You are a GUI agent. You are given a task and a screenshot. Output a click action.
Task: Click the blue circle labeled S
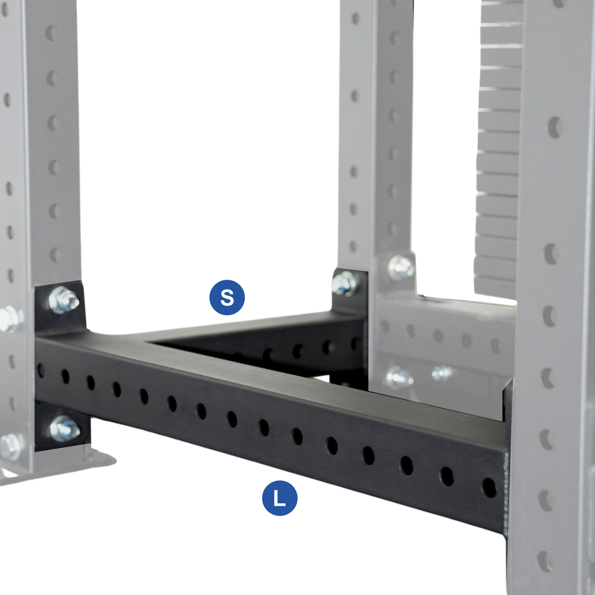click(227, 297)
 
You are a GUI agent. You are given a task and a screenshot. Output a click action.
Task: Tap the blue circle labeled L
click(280, 498)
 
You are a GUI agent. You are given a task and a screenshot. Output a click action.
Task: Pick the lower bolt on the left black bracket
click(64, 429)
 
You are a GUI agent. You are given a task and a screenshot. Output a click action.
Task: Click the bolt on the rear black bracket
click(344, 284)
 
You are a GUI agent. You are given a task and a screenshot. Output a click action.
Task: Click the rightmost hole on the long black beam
click(488, 487)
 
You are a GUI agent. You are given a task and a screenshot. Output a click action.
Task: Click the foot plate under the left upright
click(74, 464)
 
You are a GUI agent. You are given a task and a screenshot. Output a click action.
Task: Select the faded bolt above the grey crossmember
click(402, 267)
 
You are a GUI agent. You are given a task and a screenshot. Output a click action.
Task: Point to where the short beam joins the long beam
click(149, 342)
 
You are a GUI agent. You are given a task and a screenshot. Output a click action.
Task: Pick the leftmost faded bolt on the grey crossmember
click(400, 377)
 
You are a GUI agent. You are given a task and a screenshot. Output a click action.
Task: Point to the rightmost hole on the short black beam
click(355, 343)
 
